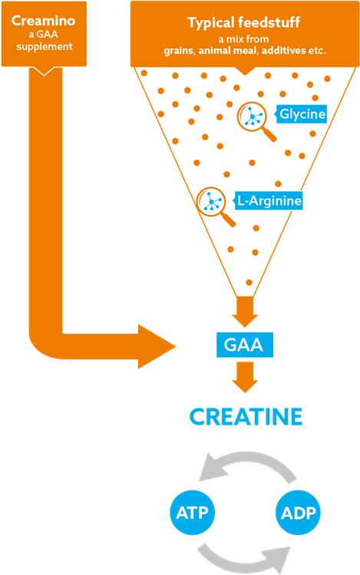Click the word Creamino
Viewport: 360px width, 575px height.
tap(43, 21)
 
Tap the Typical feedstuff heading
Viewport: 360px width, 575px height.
tap(244, 23)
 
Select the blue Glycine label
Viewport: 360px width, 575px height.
tap(301, 114)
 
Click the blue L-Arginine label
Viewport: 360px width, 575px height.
tap(269, 200)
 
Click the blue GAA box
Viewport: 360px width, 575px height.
tap(245, 345)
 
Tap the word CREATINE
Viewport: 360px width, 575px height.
tap(246, 417)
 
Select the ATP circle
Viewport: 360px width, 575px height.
tap(192, 512)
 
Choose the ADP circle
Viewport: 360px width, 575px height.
tap(298, 512)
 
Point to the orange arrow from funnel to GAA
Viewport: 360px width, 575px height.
tap(245, 312)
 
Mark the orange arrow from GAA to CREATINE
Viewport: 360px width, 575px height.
tap(245, 378)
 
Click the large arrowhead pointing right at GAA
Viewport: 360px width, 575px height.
tap(157, 346)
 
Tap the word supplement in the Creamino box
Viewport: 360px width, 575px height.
tap(45, 47)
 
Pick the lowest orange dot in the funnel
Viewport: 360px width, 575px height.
tap(249, 283)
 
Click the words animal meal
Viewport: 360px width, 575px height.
tap(229, 50)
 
